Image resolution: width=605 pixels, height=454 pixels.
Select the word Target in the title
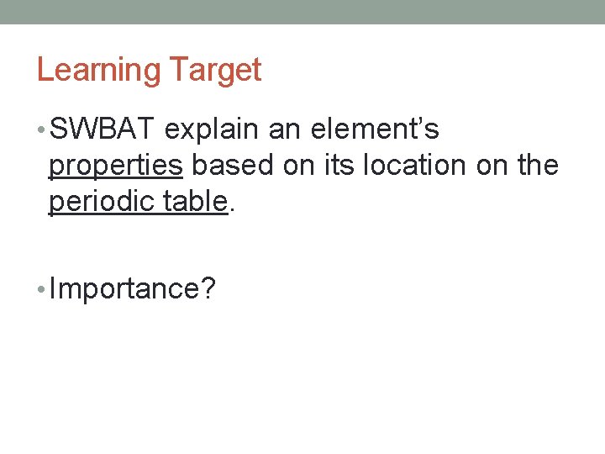(215, 71)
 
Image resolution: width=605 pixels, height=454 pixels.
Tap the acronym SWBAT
(103, 130)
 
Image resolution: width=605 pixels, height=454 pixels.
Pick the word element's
(375, 130)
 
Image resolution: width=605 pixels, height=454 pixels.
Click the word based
(233, 166)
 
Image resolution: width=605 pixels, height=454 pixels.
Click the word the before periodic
(538, 166)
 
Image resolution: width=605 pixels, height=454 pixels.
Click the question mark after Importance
(208, 289)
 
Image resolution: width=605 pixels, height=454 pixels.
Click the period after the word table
(231, 210)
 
